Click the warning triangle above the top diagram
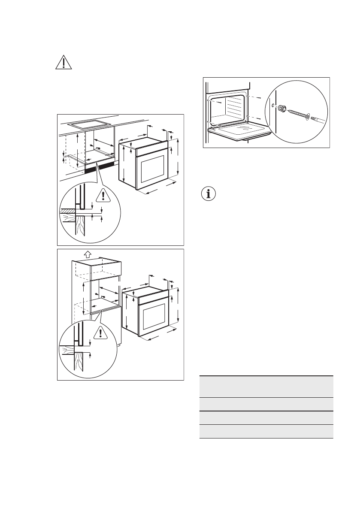click(64, 63)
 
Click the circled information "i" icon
click(209, 194)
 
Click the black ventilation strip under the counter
click(100, 167)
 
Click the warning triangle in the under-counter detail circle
click(103, 196)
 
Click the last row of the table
click(266, 431)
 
